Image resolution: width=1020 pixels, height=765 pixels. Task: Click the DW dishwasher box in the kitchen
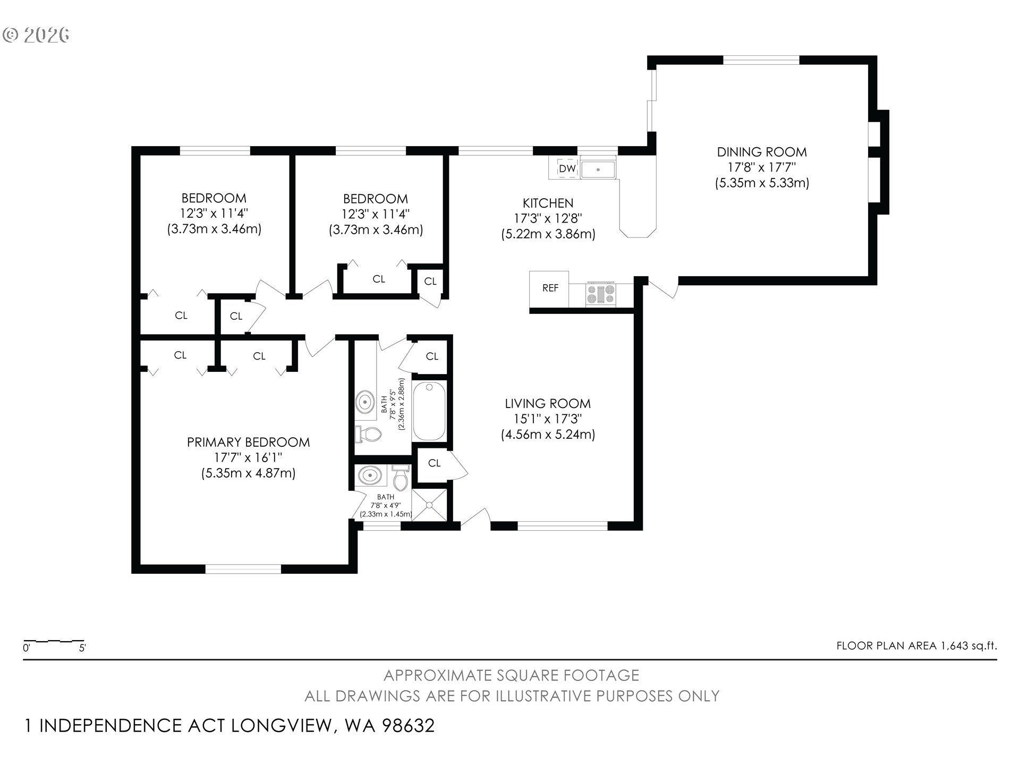click(x=567, y=168)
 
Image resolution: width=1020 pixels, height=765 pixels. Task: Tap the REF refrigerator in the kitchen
click(x=549, y=288)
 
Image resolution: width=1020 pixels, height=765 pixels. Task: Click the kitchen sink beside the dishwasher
click(x=598, y=169)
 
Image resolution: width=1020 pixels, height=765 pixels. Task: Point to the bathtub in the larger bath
click(x=429, y=411)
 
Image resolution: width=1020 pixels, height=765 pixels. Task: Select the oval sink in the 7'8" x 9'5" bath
click(x=364, y=402)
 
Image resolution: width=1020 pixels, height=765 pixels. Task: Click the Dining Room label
click(x=762, y=152)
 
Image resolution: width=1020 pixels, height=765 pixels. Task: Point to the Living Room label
click(x=548, y=404)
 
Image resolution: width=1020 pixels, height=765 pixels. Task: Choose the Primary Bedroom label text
click(x=248, y=442)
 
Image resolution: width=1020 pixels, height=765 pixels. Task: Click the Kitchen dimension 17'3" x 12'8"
click(x=548, y=218)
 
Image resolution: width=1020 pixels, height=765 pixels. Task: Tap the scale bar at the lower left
click(x=54, y=641)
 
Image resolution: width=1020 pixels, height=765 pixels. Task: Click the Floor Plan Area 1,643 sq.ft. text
click(x=916, y=646)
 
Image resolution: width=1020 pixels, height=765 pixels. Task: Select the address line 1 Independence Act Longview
click(x=229, y=726)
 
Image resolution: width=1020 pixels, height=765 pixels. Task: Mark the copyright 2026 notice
click(x=36, y=35)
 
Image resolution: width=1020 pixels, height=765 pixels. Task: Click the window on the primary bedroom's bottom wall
click(x=243, y=569)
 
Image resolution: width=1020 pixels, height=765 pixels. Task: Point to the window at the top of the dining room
click(x=761, y=60)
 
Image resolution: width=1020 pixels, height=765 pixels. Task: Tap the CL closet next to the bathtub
click(x=432, y=356)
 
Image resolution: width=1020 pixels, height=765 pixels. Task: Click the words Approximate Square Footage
click(x=511, y=675)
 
